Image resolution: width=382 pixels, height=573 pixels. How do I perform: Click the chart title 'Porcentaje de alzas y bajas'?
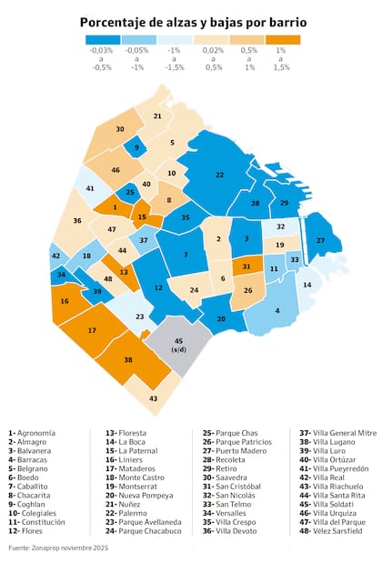[191, 21]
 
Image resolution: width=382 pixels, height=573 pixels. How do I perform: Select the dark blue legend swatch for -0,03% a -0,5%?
[102, 39]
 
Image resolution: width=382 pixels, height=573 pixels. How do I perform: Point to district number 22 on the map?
[219, 174]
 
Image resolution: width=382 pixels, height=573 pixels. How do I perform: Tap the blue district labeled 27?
[320, 240]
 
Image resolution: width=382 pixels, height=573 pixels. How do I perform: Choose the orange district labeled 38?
[127, 359]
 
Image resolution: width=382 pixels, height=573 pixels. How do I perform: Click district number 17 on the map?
[92, 329]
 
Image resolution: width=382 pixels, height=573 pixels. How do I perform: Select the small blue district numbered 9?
[136, 146]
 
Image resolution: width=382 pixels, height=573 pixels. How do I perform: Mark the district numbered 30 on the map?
[120, 129]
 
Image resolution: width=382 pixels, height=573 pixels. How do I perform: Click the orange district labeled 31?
[246, 266]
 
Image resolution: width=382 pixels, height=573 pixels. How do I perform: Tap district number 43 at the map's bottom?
[153, 398]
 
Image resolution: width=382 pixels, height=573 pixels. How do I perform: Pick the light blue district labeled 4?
[276, 310]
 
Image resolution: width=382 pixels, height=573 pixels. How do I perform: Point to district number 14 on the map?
[307, 285]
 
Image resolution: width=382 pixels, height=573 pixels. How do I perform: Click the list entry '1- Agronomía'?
[32, 433]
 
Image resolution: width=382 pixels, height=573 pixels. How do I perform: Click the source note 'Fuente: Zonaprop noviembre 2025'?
[59, 548]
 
